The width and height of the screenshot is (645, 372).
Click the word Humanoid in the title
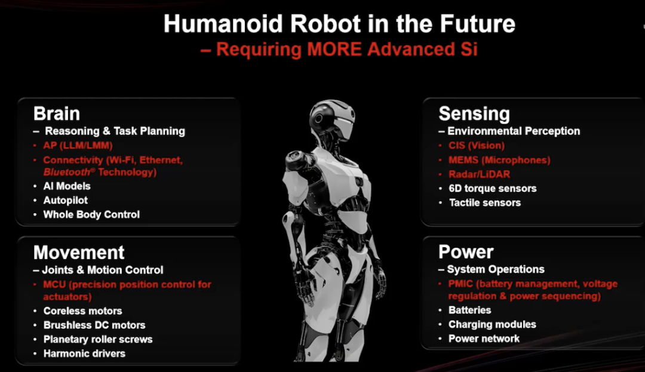pyautogui.click(x=223, y=23)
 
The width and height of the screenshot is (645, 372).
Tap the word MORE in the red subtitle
pyautogui.click(x=334, y=50)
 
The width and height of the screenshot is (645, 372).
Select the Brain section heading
pyautogui.click(x=57, y=113)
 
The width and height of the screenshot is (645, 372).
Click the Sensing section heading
pyautogui.click(x=474, y=114)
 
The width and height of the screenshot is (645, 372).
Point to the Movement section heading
pyautogui.click(x=79, y=253)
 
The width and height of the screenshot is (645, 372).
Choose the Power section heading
pyautogui.click(x=466, y=252)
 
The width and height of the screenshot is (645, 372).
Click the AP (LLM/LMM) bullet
pyautogui.click(x=78, y=146)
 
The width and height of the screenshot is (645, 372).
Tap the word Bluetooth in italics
pyautogui.click(x=67, y=172)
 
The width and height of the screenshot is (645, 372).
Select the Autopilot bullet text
pyautogui.click(x=66, y=201)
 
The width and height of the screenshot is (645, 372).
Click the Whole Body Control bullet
pyautogui.click(x=91, y=214)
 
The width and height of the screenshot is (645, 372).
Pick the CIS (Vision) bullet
pyautogui.click(x=477, y=146)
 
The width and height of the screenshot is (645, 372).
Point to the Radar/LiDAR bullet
pyautogui.click(x=479, y=174)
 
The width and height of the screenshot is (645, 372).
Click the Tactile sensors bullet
pyautogui.click(x=484, y=202)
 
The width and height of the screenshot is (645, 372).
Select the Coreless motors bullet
pyautogui.click(x=82, y=311)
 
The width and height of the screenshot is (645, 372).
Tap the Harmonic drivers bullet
pyautogui.click(x=84, y=353)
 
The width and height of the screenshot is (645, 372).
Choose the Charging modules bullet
pyautogui.click(x=492, y=324)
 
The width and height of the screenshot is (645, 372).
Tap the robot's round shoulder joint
pyautogui.click(x=296, y=159)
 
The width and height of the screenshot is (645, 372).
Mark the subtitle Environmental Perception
pyautogui.click(x=514, y=131)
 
